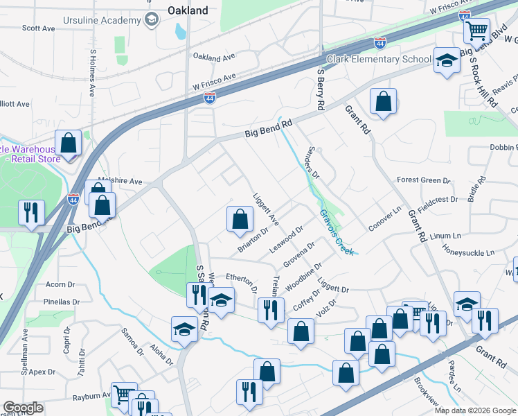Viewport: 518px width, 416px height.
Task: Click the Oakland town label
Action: (x=188, y=10)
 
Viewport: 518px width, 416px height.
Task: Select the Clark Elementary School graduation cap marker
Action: (x=447, y=60)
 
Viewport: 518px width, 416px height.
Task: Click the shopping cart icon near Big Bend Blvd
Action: (x=476, y=30)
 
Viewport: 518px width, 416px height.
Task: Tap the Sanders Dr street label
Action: (x=313, y=163)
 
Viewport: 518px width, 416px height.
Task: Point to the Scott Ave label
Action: (x=38, y=28)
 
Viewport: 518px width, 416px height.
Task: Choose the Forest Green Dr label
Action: (x=423, y=180)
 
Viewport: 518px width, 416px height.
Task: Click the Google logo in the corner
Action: (x=22, y=408)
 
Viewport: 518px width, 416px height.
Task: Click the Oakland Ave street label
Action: (x=214, y=56)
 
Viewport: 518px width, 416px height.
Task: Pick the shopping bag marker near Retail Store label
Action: (x=69, y=144)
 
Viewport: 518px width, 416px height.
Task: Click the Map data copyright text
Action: (x=474, y=410)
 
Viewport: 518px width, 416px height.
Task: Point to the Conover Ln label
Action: (x=385, y=219)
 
